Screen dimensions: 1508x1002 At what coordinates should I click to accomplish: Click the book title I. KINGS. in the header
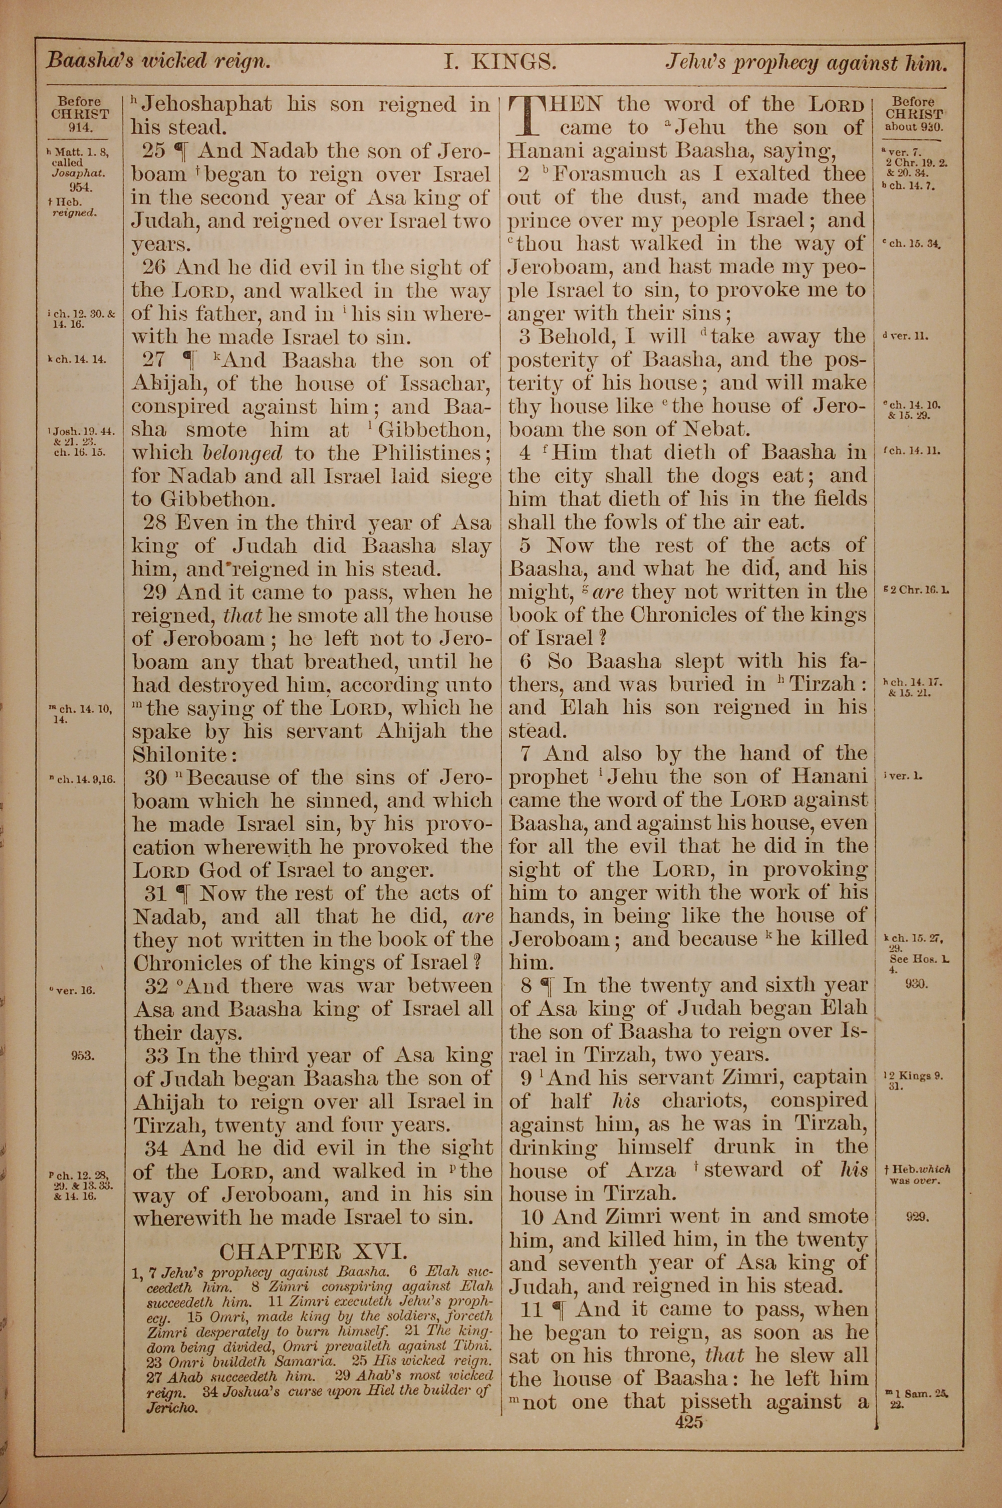tap(500, 62)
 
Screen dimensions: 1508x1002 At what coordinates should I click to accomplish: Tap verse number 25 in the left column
tap(153, 151)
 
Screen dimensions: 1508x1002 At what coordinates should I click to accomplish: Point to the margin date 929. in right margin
tap(916, 1217)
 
